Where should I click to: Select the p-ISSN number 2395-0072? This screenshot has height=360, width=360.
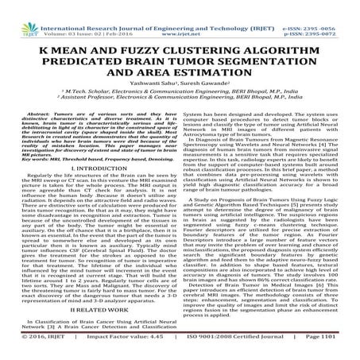click(x=329, y=13)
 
